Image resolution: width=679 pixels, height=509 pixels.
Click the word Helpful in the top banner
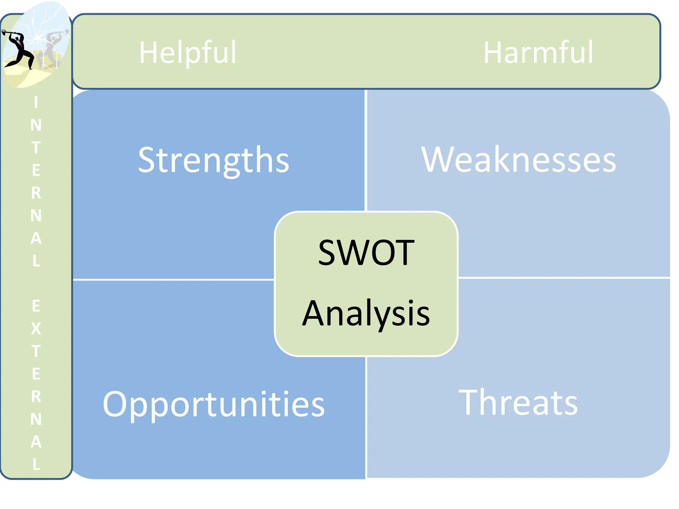[x=188, y=52]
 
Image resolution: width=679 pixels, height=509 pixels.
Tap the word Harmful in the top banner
[x=538, y=52]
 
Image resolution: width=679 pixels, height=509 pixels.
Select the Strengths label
[x=214, y=160]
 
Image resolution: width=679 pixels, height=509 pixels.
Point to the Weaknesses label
[x=519, y=160]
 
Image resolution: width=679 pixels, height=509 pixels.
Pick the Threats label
[x=518, y=403]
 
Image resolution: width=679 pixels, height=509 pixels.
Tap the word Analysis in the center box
[x=366, y=313]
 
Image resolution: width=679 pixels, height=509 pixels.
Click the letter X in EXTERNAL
[x=36, y=329]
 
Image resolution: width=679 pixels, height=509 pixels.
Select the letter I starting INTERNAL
[x=36, y=103]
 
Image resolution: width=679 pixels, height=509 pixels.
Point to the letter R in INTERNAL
[x=36, y=193]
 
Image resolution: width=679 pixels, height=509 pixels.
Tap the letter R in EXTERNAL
[x=36, y=396]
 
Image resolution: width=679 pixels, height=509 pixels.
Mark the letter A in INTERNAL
[x=36, y=238]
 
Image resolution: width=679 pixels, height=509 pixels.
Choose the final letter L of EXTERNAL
[x=36, y=464]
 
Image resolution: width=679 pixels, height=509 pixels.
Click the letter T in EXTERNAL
[x=36, y=351]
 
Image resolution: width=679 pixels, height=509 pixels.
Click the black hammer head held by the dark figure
[x=4, y=32]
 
